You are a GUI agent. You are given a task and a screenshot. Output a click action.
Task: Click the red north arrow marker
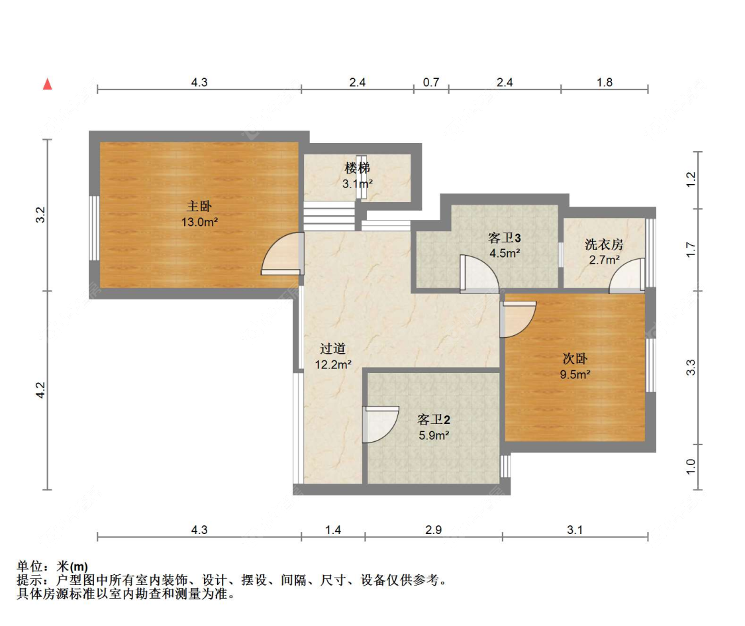[47, 84]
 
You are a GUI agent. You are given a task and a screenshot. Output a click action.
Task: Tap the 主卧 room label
[199, 206]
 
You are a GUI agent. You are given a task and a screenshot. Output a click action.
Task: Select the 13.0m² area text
[200, 223]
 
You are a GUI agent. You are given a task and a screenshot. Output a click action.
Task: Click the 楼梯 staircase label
[357, 168]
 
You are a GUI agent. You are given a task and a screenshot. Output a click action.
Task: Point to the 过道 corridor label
[333, 348]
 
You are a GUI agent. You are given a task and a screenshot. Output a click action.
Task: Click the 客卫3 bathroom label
[505, 237]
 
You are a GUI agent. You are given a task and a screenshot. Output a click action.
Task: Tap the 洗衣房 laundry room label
[604, 244]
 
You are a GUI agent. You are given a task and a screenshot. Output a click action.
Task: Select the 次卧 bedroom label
[575, 358]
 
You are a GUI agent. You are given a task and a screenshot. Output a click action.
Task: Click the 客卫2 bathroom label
[434, 419]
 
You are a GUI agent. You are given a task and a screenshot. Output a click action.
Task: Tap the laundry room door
[627, 276]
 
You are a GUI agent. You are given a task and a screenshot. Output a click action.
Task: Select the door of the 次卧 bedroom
[518, 319]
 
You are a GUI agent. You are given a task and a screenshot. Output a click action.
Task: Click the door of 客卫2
[379, 425]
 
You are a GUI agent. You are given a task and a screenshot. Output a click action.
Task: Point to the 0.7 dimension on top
[431, 83]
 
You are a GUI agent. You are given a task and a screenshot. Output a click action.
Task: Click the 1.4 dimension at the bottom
[333, 530]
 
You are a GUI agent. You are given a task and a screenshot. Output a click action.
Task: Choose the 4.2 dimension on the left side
[40, 390]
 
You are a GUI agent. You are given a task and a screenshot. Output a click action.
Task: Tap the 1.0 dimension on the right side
[691, 467]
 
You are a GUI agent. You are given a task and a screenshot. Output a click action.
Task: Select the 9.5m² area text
[575, 374]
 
